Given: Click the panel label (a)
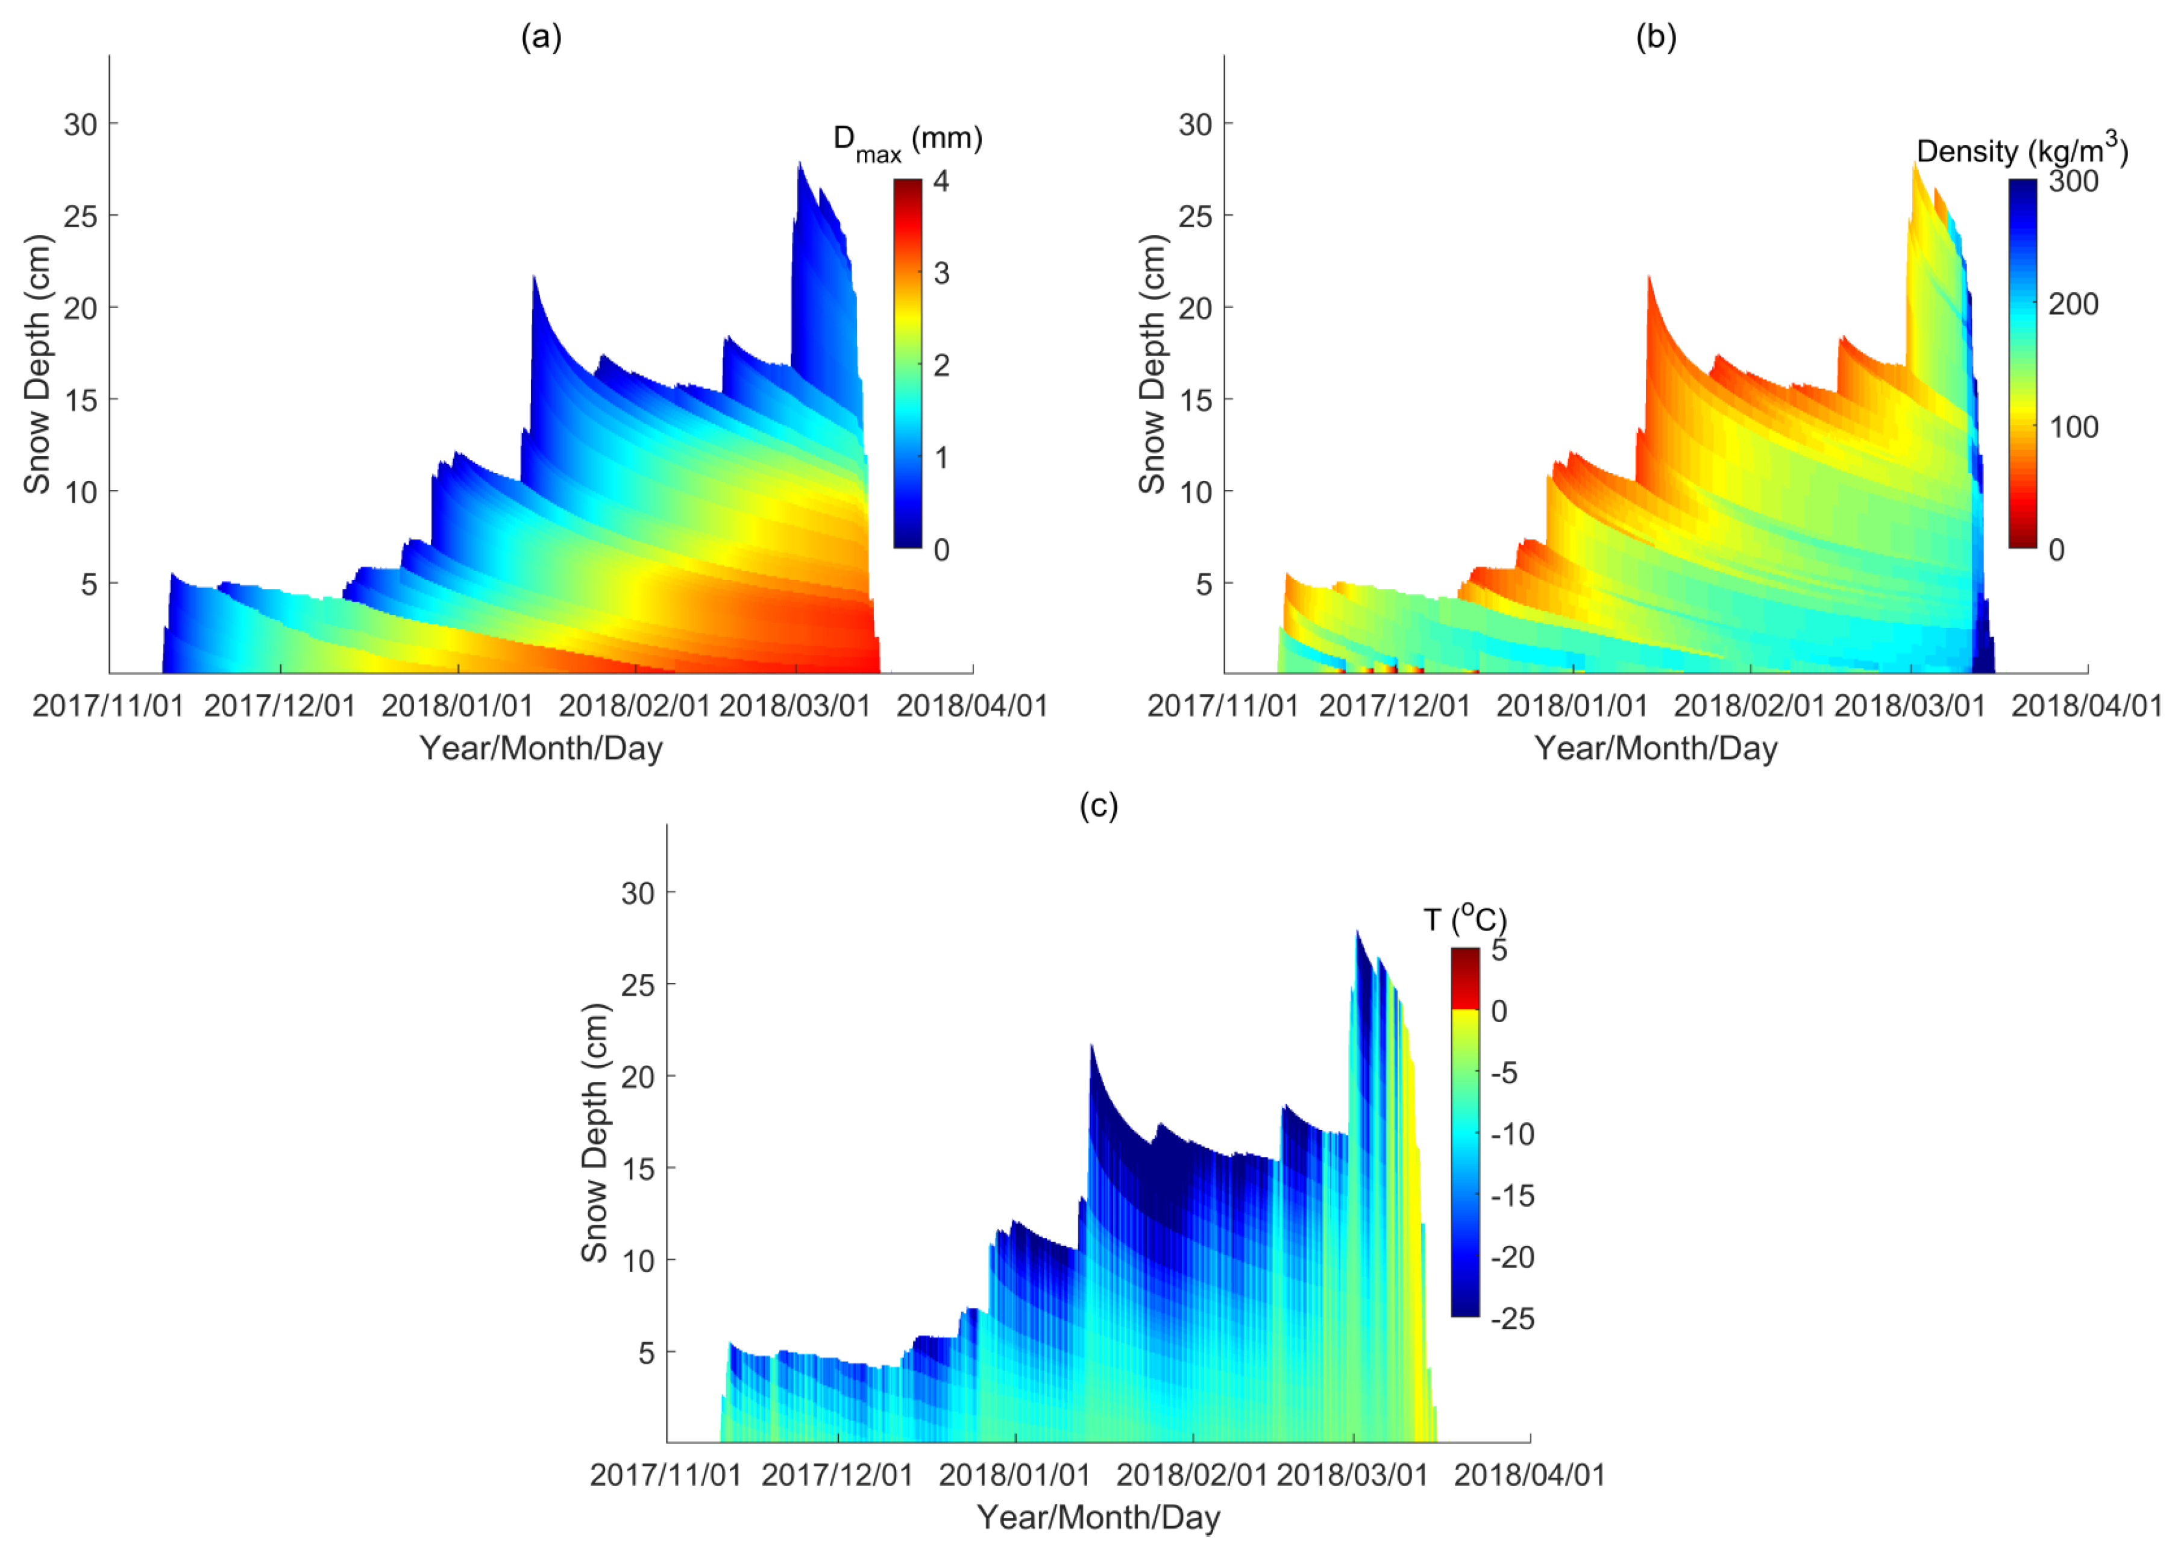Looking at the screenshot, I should [x=541, y=38].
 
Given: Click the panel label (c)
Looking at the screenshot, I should [x=1098, y=806].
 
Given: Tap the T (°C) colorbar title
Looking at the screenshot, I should [x=1464, y=919].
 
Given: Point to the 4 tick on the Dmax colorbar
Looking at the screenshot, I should [x=941, y=181].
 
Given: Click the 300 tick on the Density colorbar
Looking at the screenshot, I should [x=2073, y=181].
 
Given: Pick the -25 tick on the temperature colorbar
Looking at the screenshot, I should [x=1512, y=1319].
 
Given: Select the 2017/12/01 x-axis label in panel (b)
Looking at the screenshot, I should [x=1395, y=706].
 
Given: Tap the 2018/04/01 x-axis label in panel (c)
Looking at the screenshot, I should [x=1529, y=1475].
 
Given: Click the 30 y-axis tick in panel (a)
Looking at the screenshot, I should [x=80, y=124].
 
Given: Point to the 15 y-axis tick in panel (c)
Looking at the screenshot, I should [x=638, y=1169].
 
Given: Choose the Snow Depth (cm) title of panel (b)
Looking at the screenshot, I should [x=1152, y=363].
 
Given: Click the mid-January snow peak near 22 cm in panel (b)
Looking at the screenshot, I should [x=1648, y=279].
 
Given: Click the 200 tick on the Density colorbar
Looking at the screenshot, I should [x=2073, y=304].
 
